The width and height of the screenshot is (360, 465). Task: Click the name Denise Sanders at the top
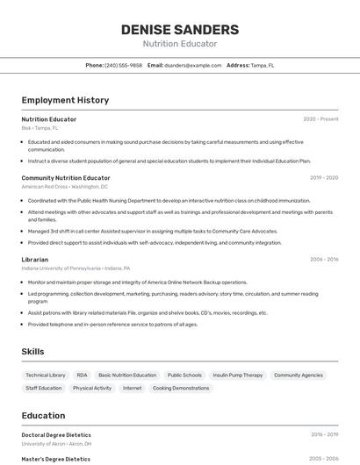click(179, 30)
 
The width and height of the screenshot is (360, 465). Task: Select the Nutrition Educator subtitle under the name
click(179, 44)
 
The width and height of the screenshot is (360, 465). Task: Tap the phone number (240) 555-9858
click(123, 65)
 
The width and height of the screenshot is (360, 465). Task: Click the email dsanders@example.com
click(192, 65)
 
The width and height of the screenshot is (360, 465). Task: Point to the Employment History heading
click(65, 100)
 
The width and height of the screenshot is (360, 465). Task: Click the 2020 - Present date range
click(320, 118)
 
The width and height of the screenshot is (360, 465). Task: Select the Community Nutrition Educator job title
click(66, 178)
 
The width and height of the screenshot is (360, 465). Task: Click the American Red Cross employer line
click(64, 187)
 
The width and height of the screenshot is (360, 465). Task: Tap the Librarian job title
click(36, 260)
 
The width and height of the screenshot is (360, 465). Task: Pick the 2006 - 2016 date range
click(324, 260)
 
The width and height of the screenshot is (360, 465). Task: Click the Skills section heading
click(33, 352)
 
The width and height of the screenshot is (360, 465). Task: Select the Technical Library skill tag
click(46, 375)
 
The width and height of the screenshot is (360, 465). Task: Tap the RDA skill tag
click(82, 375)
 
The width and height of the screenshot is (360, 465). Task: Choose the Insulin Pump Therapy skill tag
click(237, 375)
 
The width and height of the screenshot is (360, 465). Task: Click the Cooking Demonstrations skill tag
click(181, 388)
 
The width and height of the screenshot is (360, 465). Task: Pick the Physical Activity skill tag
click(92, 388)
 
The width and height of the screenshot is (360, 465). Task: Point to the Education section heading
click(43, 416)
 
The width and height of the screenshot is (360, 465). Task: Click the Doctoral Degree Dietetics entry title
click(56, 434)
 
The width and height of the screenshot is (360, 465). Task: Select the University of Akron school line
click(56, 444)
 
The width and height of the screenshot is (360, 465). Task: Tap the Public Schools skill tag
click(184, 375)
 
